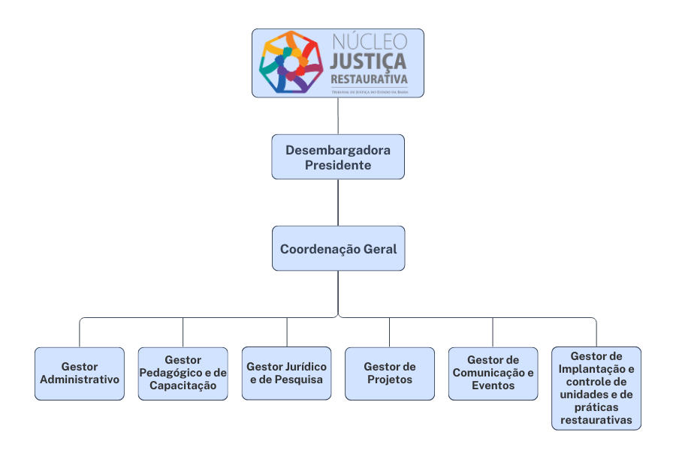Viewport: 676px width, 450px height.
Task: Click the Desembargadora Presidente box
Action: tap(337, 157)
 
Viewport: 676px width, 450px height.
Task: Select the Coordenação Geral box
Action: tap(338, 248)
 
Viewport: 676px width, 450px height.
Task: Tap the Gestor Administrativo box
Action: tap(80, 373)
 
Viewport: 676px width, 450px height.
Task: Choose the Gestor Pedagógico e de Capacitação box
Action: tap(183, 373)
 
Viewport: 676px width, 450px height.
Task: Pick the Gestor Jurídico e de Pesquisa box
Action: tap(286, 373)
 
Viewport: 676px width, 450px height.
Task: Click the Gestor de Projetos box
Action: tap(389, 373)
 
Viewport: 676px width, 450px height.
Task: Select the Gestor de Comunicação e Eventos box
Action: tap(493, 373)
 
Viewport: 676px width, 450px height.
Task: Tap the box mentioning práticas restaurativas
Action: tap(596, 388)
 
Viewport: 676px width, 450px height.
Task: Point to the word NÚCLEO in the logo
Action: tap(369, 40)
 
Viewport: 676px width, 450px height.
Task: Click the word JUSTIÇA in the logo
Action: tap(368, 60)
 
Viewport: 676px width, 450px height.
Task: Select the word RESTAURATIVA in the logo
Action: tap(370, 78)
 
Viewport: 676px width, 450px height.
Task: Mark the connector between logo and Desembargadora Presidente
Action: tap(338, 115)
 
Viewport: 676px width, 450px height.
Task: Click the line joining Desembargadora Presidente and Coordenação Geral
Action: tap(338, 202)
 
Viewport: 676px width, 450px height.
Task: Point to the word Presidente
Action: tap(337, 165)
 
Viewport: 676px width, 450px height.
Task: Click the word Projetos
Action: tap(389, 379)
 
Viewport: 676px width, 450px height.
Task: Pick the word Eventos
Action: tap(493, 385)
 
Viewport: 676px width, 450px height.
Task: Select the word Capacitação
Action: tap(183, 385)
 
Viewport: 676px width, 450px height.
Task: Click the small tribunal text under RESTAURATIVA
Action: tap(370, 90)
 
